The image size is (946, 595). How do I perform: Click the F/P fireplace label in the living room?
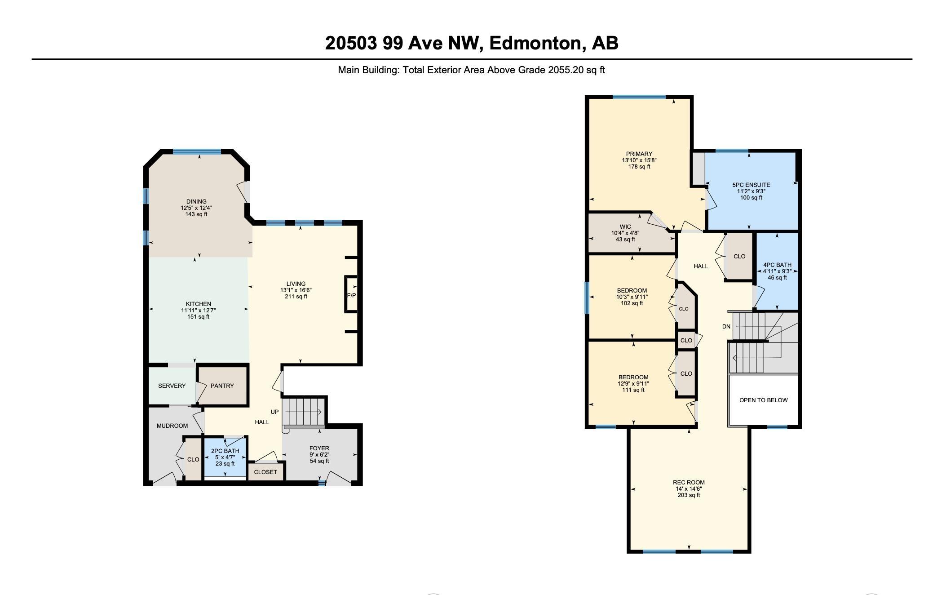(x=351, y=295)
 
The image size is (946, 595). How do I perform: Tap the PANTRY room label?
(x=222, y=386)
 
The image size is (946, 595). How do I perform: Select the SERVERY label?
(x=172, y=386)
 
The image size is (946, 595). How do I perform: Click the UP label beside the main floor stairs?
(x=274, y=412)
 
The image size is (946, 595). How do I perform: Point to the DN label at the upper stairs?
(x=726, y=326)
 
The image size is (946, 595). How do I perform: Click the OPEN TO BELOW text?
(x=763, y=400)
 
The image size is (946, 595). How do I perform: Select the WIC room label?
(x=625, y=226)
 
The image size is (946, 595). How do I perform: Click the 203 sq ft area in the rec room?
(x=689, y=495)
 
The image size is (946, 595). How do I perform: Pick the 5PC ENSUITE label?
(x=751, y=185)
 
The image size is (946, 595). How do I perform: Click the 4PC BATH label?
(x=777, y=265)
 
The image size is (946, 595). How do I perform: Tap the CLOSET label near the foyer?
(x=265, y=472)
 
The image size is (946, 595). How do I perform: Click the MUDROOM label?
(x=172, y=426)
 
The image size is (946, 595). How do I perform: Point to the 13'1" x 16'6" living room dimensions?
(x=296, y=290)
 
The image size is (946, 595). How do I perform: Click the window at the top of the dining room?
(x=197, y=152)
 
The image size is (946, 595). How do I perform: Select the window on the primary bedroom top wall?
(x=639, y=97)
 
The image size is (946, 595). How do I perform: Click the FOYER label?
(x=319, y=448)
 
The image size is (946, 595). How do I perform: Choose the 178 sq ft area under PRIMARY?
(x=639, y=167)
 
